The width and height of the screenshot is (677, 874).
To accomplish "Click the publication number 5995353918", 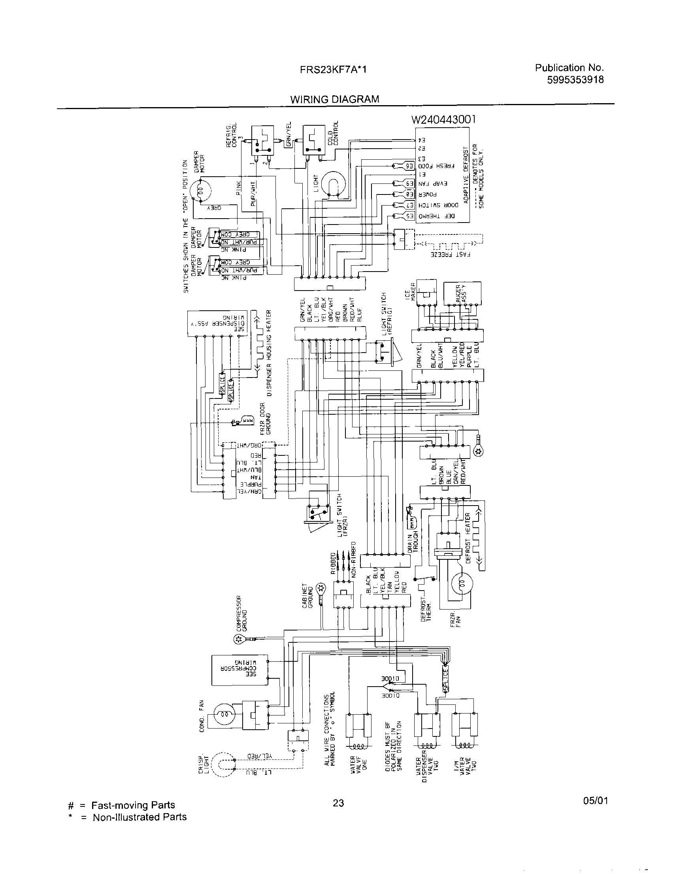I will (x=575, y=79).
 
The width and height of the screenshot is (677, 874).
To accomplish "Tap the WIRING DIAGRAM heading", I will (x=334, y=99).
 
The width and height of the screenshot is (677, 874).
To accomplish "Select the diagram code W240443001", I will (x=443, y=120).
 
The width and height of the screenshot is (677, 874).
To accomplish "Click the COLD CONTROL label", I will (x=333, y=133).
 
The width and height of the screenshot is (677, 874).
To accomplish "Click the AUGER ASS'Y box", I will (x=462, y=294).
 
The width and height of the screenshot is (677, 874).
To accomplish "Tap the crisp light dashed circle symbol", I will (x=222, y=765).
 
